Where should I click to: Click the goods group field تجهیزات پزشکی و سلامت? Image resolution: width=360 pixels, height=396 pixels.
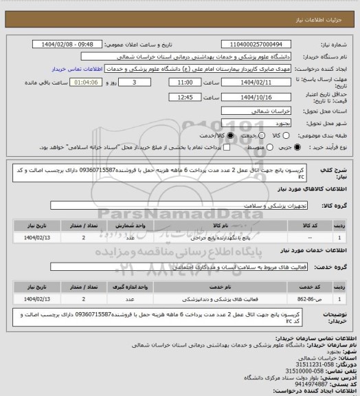point(182,206)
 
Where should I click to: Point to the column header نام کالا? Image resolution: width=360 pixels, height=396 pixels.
point(221,224)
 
